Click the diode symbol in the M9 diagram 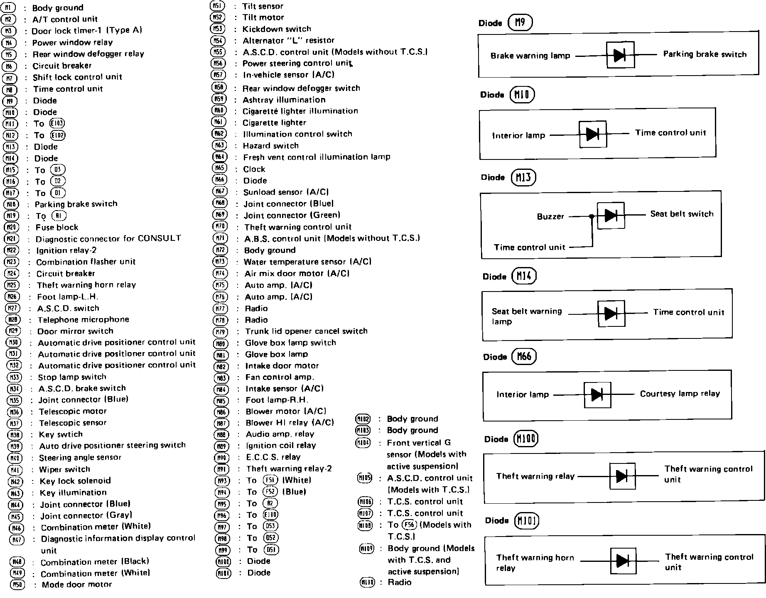coord(620,55)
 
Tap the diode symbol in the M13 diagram coord(610,215)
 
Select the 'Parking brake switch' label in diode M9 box coord(705,54)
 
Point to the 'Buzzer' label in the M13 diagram coord(550,216)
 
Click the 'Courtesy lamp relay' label coord(680,393)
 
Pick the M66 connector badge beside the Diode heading coord(524,357)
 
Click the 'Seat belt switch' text coord(682,214)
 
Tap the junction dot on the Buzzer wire coord(592,216)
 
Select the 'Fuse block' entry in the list coord(57,227)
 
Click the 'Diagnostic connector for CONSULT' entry coord(108,238)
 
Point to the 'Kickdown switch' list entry coord(277,29)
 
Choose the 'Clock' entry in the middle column coord(254,169)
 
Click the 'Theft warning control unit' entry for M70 coord(298,227)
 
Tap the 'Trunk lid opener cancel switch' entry coord(306,331)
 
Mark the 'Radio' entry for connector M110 coord(400,582)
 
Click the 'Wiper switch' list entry coord(64,469)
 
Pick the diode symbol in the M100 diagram coord(622,476)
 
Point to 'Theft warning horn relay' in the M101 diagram coord(535,563)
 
